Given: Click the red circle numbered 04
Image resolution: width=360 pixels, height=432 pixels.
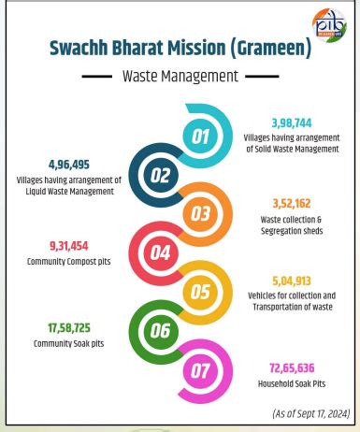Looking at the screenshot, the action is pos(161,252).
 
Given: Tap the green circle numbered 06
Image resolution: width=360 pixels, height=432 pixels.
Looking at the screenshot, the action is pos(160,329).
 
